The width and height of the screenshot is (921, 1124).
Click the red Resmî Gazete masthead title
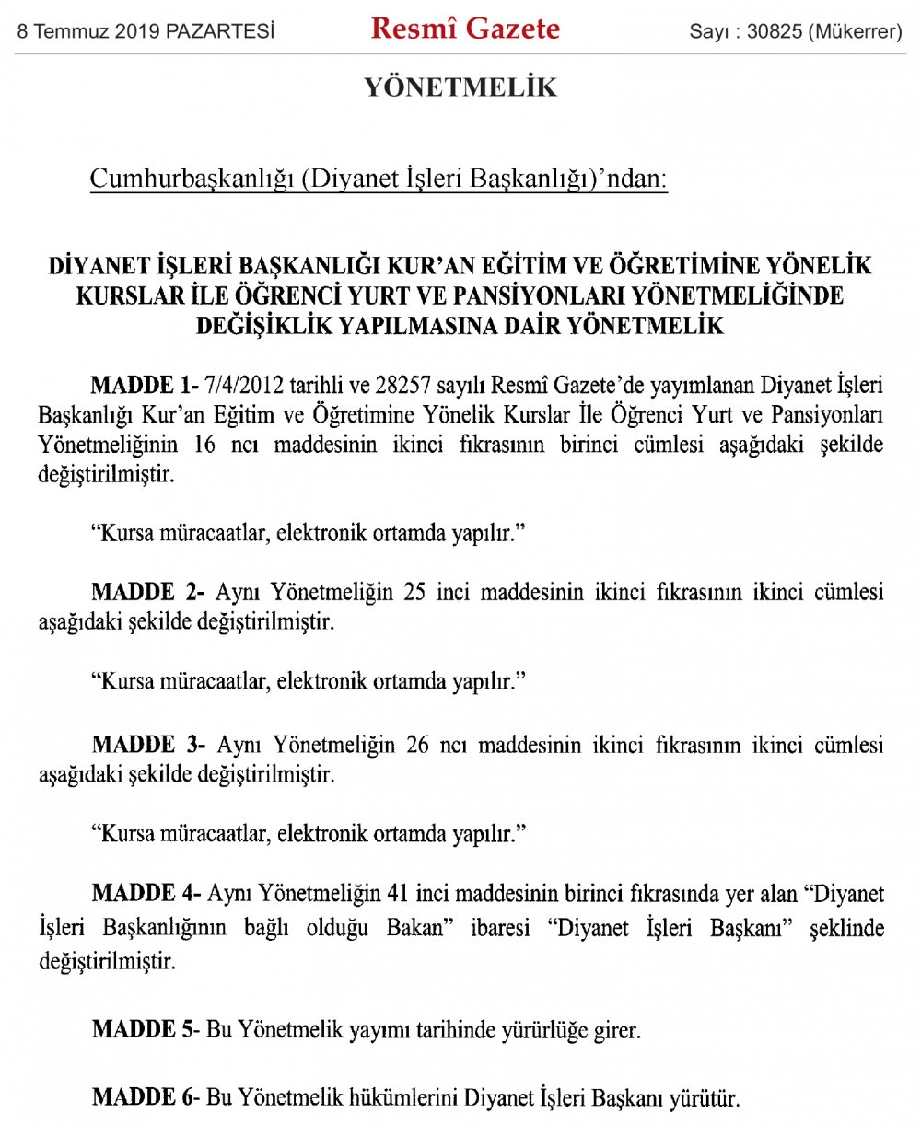click(465, 30)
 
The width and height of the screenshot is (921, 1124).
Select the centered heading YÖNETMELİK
click(460, 88)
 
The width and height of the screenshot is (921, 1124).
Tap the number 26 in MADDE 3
click(417, 745)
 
